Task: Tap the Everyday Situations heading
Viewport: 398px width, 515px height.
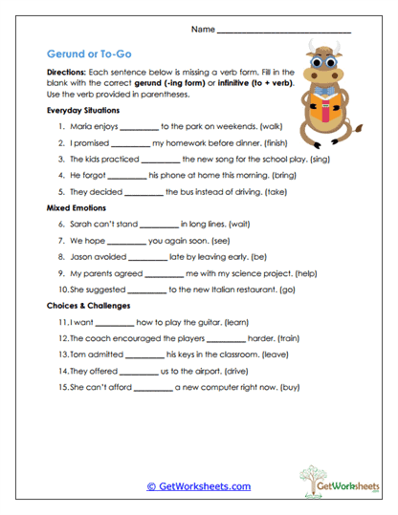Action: click(x=83, y=111)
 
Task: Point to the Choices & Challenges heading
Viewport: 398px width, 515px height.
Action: click(x=89, y=306)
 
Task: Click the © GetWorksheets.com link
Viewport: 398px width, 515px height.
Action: click(x=199, y=486)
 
